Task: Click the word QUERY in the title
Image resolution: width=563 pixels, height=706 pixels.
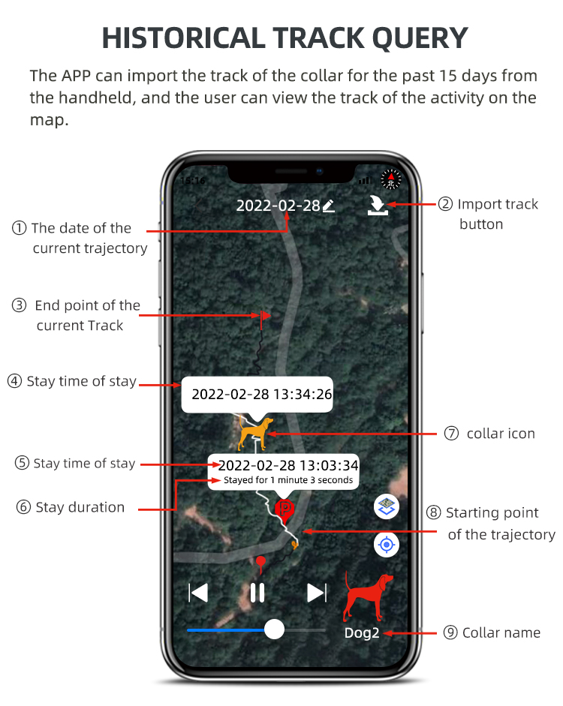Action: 406,38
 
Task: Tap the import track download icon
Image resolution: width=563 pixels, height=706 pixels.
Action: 377,205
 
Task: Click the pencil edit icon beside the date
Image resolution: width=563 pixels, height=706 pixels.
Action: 328,206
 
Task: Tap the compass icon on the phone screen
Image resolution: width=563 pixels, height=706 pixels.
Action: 390,179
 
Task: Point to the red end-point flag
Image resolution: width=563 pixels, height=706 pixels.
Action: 265,318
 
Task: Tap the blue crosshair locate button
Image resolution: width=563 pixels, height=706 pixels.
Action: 387,545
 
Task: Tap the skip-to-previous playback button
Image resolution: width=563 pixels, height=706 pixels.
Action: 198,593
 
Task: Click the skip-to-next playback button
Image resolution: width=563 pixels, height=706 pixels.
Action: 317,593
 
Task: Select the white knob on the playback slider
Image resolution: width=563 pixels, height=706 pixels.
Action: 275,629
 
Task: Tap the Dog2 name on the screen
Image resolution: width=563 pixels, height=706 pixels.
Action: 362,633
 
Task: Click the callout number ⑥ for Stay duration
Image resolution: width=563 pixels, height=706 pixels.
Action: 24,507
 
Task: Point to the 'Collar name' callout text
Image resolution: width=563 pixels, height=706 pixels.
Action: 501,632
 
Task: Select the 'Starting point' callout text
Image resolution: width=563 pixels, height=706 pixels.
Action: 492,513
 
